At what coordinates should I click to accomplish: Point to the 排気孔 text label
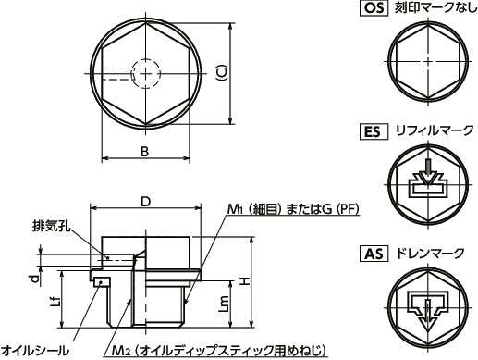(50, 225)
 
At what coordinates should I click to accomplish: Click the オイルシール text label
(34, 350)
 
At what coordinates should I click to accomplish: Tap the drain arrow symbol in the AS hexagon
(427, 307)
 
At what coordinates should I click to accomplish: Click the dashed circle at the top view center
(146, 70)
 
